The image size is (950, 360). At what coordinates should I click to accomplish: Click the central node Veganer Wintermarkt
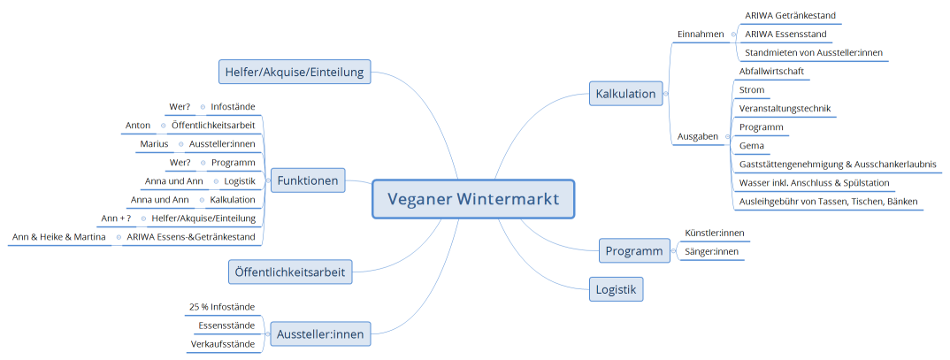coord(473,199)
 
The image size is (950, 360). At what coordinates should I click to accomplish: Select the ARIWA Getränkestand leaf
coord(790,16)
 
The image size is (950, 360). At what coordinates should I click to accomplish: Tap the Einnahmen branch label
coord(701,34)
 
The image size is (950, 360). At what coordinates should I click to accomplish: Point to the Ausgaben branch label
coord(698,136)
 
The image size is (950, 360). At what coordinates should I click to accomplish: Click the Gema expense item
coord(752,146)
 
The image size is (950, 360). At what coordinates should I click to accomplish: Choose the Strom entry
coord(752,89)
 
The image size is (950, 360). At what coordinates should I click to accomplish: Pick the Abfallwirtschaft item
coord(771,71)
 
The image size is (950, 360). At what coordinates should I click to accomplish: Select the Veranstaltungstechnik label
coord(785,108)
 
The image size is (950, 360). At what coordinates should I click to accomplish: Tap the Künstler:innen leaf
coord(716,234)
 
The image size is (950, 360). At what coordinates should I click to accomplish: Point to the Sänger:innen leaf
coord(711,252)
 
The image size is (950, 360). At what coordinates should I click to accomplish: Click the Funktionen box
coord(308,180)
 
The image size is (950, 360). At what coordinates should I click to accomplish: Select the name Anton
coord(138,126)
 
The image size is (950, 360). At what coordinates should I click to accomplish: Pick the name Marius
coord(154,144)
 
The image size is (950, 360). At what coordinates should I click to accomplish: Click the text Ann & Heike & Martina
coord(59,237)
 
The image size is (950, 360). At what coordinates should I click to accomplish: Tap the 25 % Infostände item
coord(222,307)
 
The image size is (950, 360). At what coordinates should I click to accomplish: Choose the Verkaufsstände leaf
coord(223,344)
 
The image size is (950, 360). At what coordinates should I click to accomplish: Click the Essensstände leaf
coord(226,326)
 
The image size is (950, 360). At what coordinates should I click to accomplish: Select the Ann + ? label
coord(117,218)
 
